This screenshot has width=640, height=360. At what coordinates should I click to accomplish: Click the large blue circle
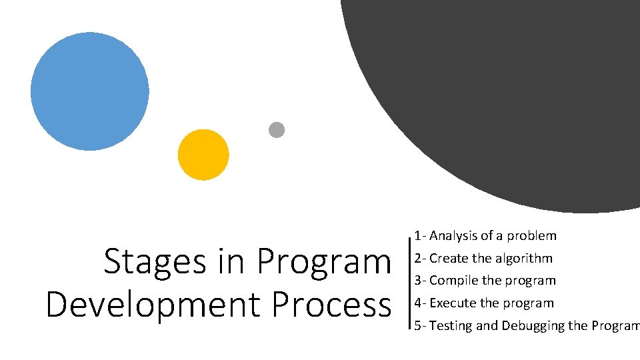pos(90,91)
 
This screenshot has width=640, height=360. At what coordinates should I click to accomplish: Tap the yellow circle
pos(203,155)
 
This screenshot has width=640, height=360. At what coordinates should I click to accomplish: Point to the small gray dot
pos(277,130)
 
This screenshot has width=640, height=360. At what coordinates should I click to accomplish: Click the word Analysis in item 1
pos(453,235)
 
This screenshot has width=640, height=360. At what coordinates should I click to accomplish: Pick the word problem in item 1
pos(531,235)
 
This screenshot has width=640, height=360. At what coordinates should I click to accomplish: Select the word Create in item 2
pos(449,258)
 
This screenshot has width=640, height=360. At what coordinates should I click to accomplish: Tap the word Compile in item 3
pos(453,281)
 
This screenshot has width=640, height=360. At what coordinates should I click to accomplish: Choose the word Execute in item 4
pos(453,303)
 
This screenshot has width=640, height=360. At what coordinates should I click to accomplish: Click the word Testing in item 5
pos(451,326)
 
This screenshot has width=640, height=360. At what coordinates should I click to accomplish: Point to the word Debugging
pos(531,326)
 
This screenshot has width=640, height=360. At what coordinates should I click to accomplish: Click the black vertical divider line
pos(408,281)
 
